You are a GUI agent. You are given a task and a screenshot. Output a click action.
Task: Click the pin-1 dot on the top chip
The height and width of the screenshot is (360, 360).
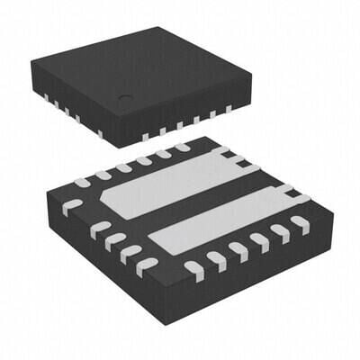tap(126, 98)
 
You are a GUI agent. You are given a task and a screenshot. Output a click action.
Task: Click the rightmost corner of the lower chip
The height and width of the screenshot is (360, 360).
tap(333, 215)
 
